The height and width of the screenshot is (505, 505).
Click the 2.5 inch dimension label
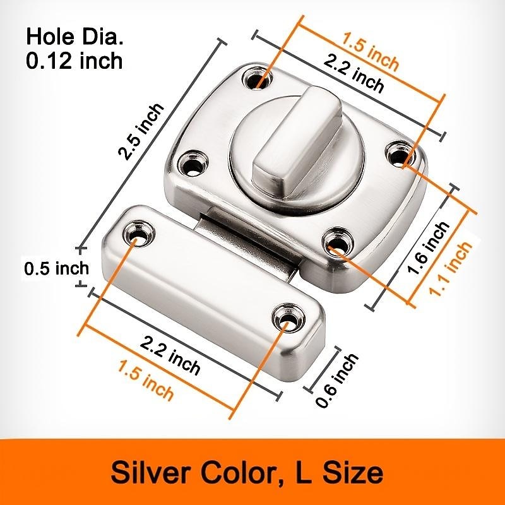[142, 131]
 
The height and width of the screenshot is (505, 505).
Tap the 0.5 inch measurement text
[57, 268]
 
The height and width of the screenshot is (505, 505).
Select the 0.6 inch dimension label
[338, 381]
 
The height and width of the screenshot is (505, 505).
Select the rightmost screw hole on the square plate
[399, 153]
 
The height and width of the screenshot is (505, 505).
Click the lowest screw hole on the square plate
[337, 243]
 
